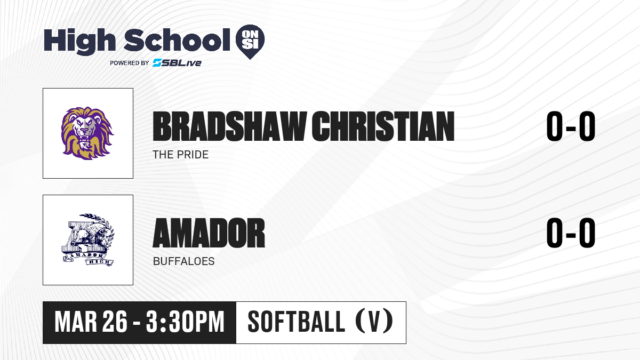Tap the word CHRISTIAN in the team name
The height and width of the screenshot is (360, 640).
[x=383, y=126]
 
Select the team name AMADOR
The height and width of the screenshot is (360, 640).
[x=209, y=233]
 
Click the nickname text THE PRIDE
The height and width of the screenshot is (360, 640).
[x=181, y=155]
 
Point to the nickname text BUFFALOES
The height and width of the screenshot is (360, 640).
[x=183, y=261]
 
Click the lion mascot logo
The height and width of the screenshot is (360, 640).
[x=87, y=133]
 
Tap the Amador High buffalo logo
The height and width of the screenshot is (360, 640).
[x=88, y=239]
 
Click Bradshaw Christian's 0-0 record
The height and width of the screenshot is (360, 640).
[x=571, y=126]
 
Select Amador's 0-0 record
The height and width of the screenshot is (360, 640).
[x=571, y=233]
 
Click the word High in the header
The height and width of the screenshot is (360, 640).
[x=79, y=41]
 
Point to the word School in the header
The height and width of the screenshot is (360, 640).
[x=177, y=40]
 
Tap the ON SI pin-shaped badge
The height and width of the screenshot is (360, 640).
[x=250, y=42]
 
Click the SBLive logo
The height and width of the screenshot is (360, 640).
[x=177, y=62]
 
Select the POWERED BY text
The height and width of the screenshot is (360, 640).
[x=130, y=63]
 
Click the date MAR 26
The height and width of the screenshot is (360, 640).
[x=91, y=322]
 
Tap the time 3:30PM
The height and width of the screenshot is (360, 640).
[x=185, y=322]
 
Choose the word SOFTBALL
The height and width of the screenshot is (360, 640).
[x=297, y=322]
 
